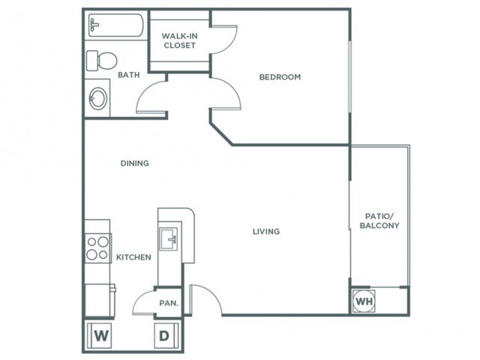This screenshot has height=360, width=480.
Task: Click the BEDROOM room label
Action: [x=280, y=76]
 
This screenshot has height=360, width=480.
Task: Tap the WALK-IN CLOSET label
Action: [x=180, y=40]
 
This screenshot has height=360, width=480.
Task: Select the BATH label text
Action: [x=129, y=75]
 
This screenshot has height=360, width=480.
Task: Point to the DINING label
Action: [x=135, y=163]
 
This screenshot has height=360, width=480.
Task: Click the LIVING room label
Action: [x=266, y=232]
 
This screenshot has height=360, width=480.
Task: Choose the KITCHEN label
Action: [x=133, y=257]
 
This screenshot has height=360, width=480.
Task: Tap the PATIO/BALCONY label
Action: [x=379, y=221]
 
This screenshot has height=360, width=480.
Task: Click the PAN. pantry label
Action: [x=169, y=303]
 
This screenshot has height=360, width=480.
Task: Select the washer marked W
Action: [x=100, y=335]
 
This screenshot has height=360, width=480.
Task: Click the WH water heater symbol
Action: [x=364, y=301]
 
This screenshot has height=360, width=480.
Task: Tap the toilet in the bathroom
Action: [x=102, y=61]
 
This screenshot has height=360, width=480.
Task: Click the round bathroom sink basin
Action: [x=98, y=98]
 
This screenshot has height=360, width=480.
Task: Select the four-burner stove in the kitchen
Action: [x=98, y=248]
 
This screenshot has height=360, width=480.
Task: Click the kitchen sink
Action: [x=168, y=238]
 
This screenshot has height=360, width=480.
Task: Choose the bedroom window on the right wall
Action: [x=350, y=76]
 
